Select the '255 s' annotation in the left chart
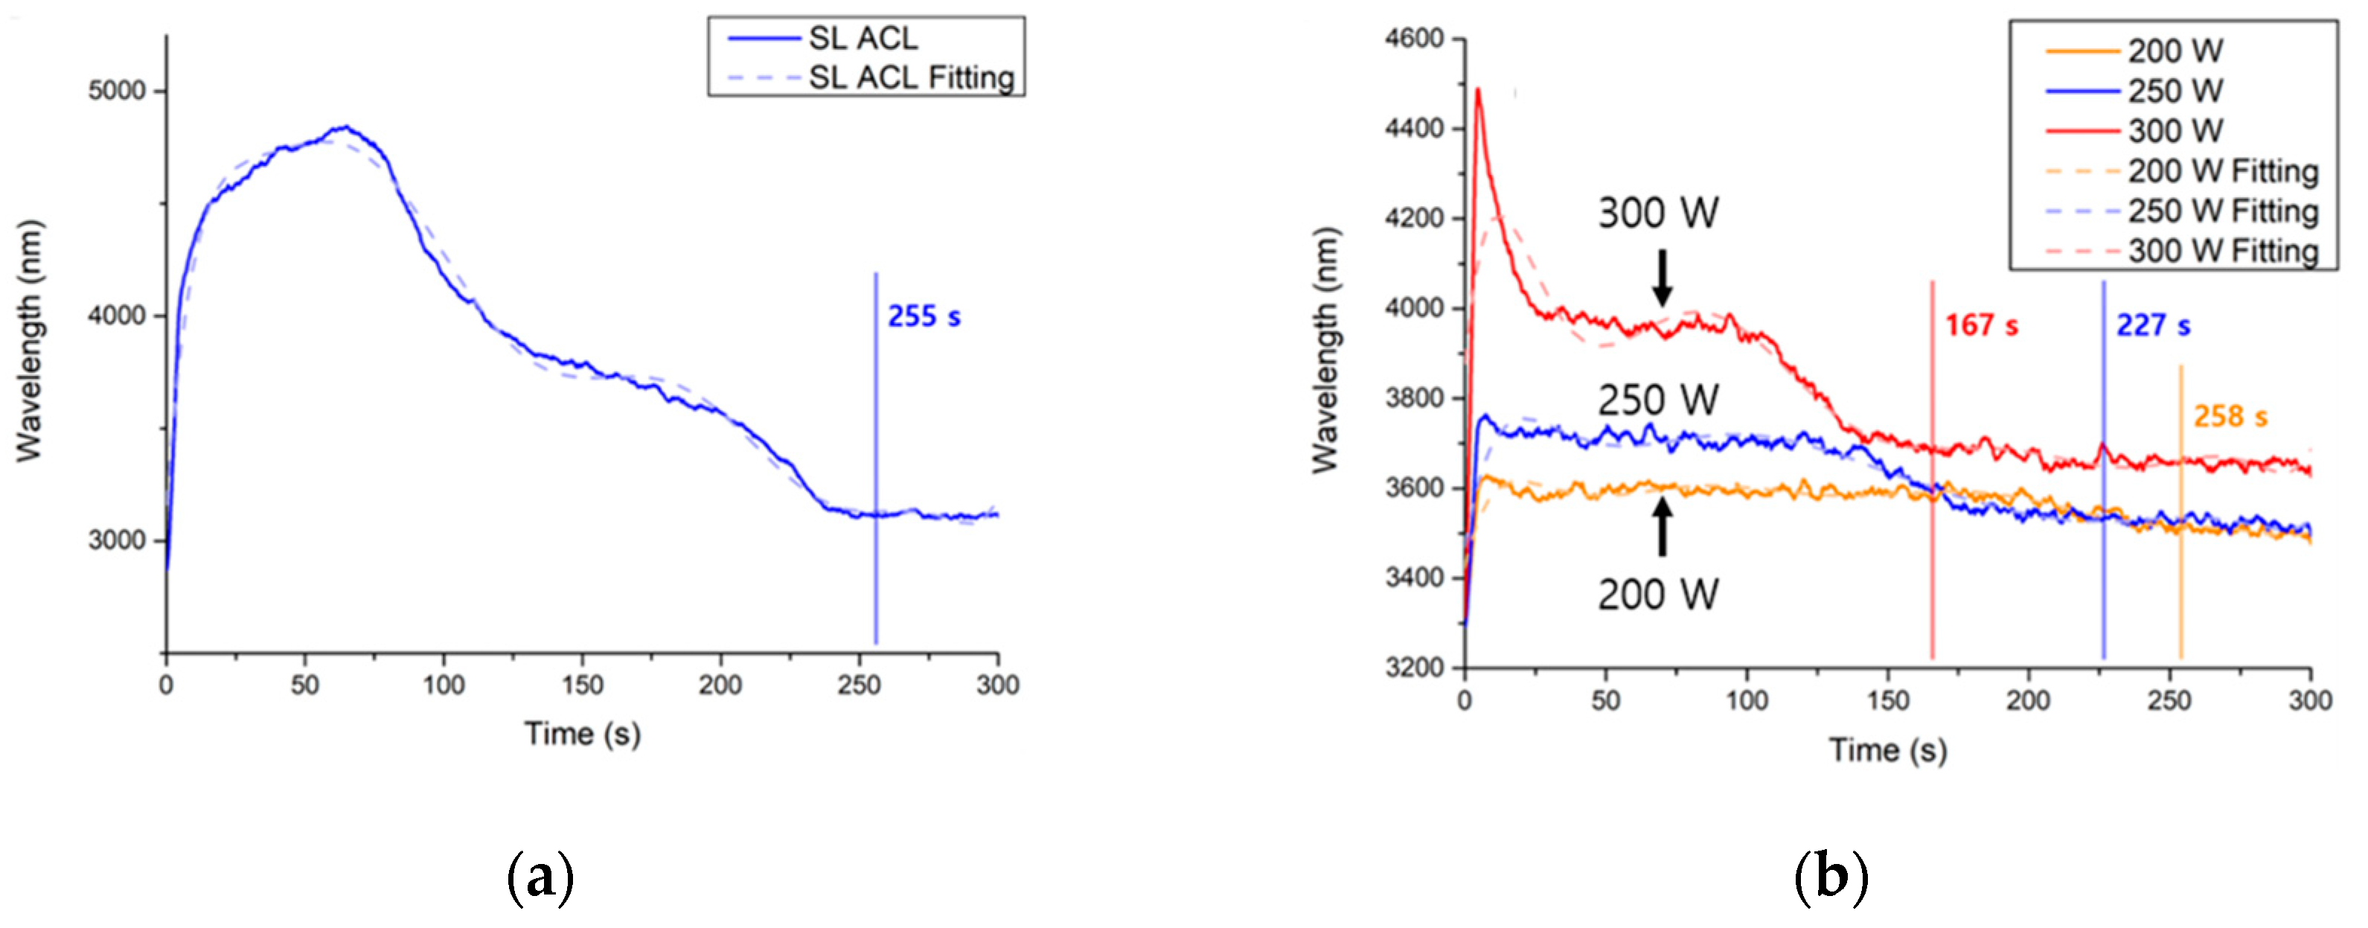click(924, 317)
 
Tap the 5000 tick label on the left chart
click(117, 91)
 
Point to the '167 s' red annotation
click(1981, 325)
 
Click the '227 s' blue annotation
click(2153, 325)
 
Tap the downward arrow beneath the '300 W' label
click(1662, 278)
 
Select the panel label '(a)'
click(540, 878)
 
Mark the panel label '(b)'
click(1831, 878)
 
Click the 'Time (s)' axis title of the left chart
click(582, 734)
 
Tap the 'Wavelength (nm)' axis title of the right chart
click(1325, 349)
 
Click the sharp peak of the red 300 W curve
click(1478, 90)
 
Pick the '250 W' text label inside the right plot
click(1657, 400)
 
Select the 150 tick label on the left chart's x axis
click(582, 685)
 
